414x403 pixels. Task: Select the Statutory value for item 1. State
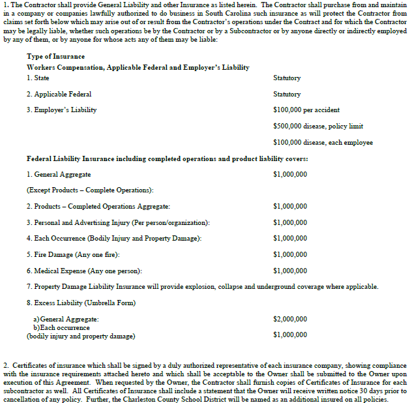click(287, 78)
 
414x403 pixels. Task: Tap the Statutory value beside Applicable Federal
click(287, 95)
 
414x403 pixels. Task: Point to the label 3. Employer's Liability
click(61, 110)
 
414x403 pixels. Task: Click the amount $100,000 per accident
click(306, 110)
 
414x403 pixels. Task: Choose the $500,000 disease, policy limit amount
click(318, 126)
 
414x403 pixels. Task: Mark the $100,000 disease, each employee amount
click(323, 142)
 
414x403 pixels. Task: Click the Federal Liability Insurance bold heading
click(168, 158)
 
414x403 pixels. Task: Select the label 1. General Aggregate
click(59, 175)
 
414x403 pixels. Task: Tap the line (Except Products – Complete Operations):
click(90, 190)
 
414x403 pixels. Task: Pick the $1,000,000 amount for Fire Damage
click(290, 254)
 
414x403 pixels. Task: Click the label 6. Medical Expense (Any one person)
click(85, 271)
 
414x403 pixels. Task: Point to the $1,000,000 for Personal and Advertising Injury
click(290, 222)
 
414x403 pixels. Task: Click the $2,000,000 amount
click(290, 319)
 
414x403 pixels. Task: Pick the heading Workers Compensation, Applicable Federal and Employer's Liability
click(138, 68)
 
